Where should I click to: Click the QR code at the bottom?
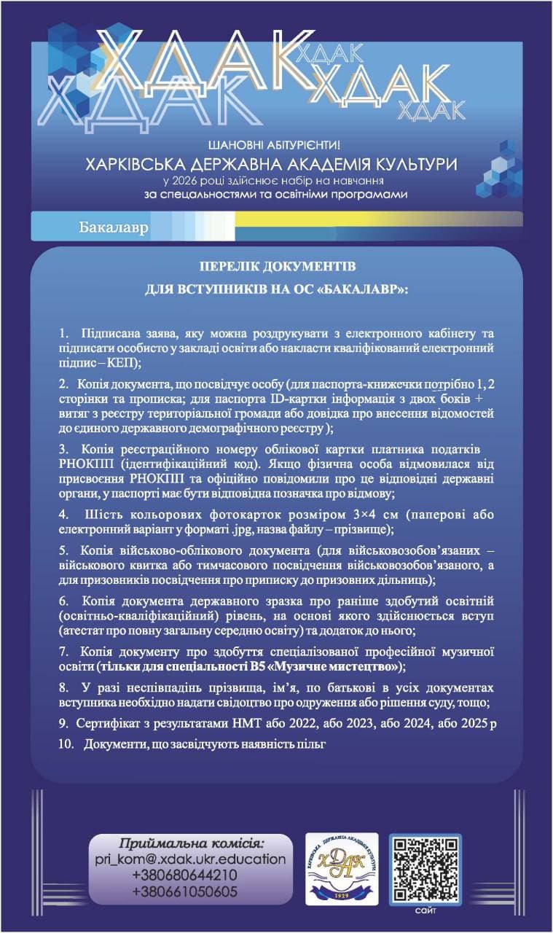[425, 869]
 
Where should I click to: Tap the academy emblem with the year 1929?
[342, 869]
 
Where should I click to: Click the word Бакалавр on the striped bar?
[113, 227]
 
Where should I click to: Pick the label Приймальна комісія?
[192, 844]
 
